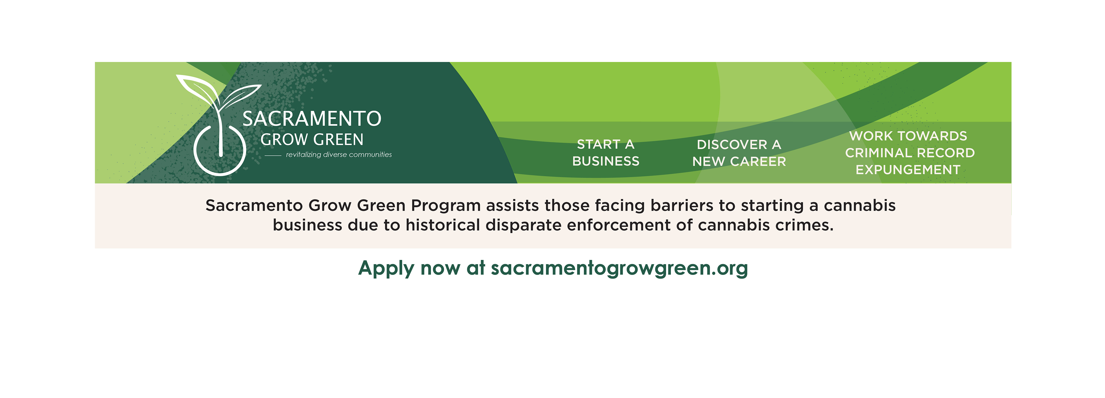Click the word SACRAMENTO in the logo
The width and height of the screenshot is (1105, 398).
pos(312,119)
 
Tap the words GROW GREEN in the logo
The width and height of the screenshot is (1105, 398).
pos(312,140)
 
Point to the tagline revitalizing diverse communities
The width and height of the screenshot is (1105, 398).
pos(339,155)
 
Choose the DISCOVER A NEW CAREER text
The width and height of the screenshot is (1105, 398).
pos(739,153)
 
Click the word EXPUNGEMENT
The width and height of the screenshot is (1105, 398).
pos(908,170)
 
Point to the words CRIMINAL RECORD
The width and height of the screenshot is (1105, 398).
pos(910,153)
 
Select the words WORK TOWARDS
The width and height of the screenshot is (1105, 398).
pos(908,136)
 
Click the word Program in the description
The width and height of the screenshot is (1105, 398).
pos(446,206)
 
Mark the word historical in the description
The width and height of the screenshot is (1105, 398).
pos(443,225)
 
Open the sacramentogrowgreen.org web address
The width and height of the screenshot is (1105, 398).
pos(620,269)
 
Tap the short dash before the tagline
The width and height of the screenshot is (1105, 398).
pos(273,155)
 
